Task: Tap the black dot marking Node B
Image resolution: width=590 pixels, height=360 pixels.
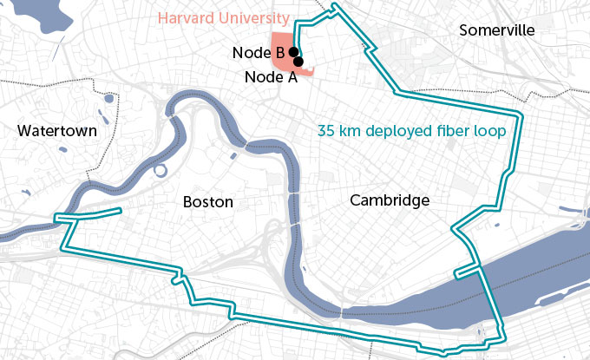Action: (x=293, y=52)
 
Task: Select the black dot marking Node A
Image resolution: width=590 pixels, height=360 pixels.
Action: (x=298, y=62)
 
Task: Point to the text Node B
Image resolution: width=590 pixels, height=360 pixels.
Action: (x=259, y=53)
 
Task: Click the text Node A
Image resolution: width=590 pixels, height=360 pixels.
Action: (x=271, y=76)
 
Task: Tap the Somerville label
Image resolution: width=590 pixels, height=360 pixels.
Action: (x=497, y=30)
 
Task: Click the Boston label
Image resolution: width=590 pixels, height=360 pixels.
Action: (x=208, y=201)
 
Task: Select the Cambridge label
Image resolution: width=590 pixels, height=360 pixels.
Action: (x=390, y=200)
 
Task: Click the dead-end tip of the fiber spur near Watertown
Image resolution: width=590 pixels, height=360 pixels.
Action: (x=121, y=211)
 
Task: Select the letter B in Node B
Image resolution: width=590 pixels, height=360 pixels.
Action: (x=280, y=53)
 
